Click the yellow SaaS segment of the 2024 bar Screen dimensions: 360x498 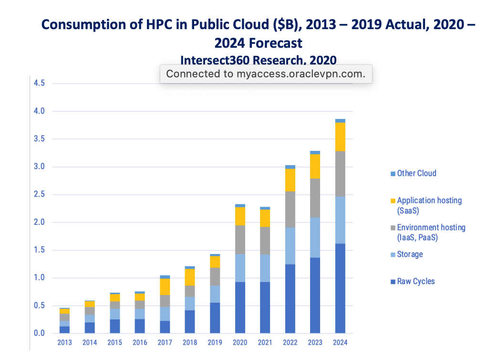click(340, 137)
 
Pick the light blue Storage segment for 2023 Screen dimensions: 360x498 click(315, 237)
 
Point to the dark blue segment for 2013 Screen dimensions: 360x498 click(64, 329)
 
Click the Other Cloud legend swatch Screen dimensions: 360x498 click(393, 174)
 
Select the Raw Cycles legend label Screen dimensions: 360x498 click(416, 281)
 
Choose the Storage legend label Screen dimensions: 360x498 click(410, 254)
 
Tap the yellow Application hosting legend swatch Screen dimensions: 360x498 click(393, 201)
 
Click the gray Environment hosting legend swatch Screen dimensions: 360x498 click(393, 228)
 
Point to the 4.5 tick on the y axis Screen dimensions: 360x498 click(39, 84)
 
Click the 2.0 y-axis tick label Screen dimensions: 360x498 click(39, 222)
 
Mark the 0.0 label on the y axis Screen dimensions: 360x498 click(39, 333)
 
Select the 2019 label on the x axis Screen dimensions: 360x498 click(216, 342)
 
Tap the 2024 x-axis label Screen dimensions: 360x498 click(340, 342)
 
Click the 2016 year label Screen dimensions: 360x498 click(140, 342)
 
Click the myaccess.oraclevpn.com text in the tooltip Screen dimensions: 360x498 click(301, 74)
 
